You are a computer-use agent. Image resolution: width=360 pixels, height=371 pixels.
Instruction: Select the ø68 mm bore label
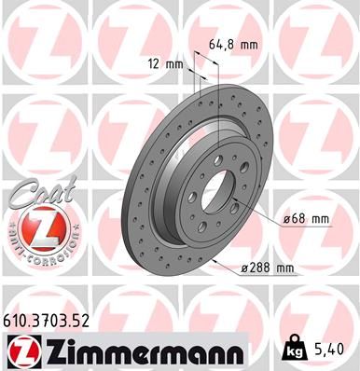(x=306, y=219)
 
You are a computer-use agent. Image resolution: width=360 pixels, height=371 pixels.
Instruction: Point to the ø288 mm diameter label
(x=267, y=268)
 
